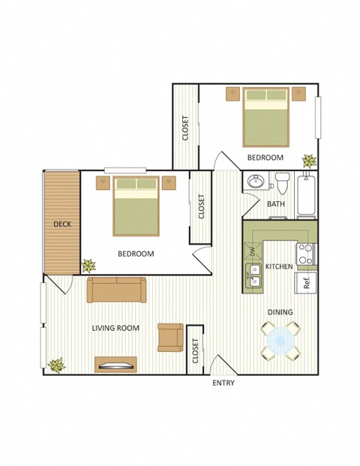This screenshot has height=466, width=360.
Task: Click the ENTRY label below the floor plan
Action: tap(223, 383)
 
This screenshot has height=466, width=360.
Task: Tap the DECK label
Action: tap(61, 224)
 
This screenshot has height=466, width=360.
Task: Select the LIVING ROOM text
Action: tap(115, 328)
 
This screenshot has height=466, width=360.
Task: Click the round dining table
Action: tap(280, 340)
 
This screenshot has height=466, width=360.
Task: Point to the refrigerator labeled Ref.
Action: tap(307, 283)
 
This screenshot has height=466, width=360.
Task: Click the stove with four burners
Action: tap(306, 254)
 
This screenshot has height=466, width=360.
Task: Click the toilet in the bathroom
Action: tap(282, 183)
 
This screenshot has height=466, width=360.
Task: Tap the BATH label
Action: tap(276, 204)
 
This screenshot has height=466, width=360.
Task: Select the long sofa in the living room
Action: tap(116, 290)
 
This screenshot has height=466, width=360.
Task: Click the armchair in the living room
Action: tap(170, 337)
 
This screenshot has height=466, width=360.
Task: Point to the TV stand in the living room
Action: tap(115, 365)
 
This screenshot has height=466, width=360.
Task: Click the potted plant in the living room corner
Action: tap(55, 365)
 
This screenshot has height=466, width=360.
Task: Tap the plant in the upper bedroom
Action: tap(308, 161)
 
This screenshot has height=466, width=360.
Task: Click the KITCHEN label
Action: tap(278, 266)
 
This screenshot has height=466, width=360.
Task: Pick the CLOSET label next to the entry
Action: tap(195, 350)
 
